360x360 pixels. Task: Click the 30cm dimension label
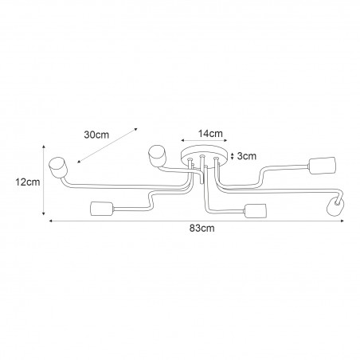tap(96, 135)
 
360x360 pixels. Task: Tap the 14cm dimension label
tap(210, 134)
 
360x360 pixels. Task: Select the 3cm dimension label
tap(247, 156)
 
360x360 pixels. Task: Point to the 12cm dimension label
tap(28, 182)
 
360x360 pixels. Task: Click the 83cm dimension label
tap(202, 229)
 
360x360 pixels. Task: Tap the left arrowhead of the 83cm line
tap(50, 221)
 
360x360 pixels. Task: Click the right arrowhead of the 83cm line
tap(342, 221)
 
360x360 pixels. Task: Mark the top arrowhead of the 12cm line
tap(44, 147)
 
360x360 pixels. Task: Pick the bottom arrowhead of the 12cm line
tap(44, 213)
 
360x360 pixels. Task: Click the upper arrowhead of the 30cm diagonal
tap(136, 129)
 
